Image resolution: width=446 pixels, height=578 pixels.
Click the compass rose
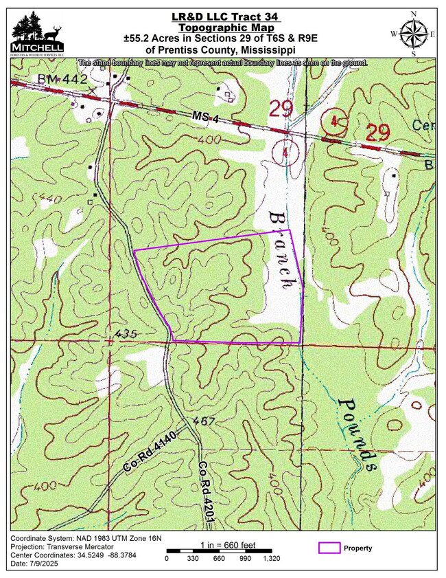[x=413, y=33]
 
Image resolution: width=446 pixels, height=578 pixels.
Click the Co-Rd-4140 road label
[x=149, y=456]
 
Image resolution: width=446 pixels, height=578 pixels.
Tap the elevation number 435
[x=126, y=334]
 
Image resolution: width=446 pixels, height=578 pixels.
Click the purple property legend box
[x=329, y=548]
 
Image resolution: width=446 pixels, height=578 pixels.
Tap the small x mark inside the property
[x=225, y=289]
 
